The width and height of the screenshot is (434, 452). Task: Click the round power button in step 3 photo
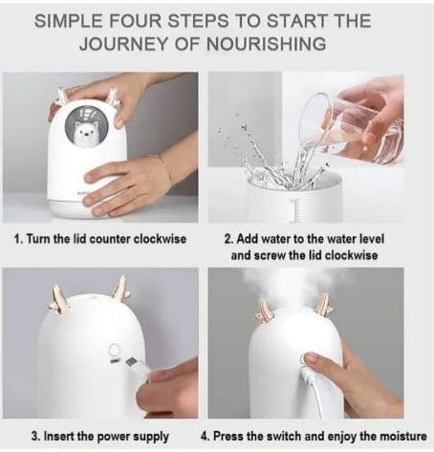(113, 350)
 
